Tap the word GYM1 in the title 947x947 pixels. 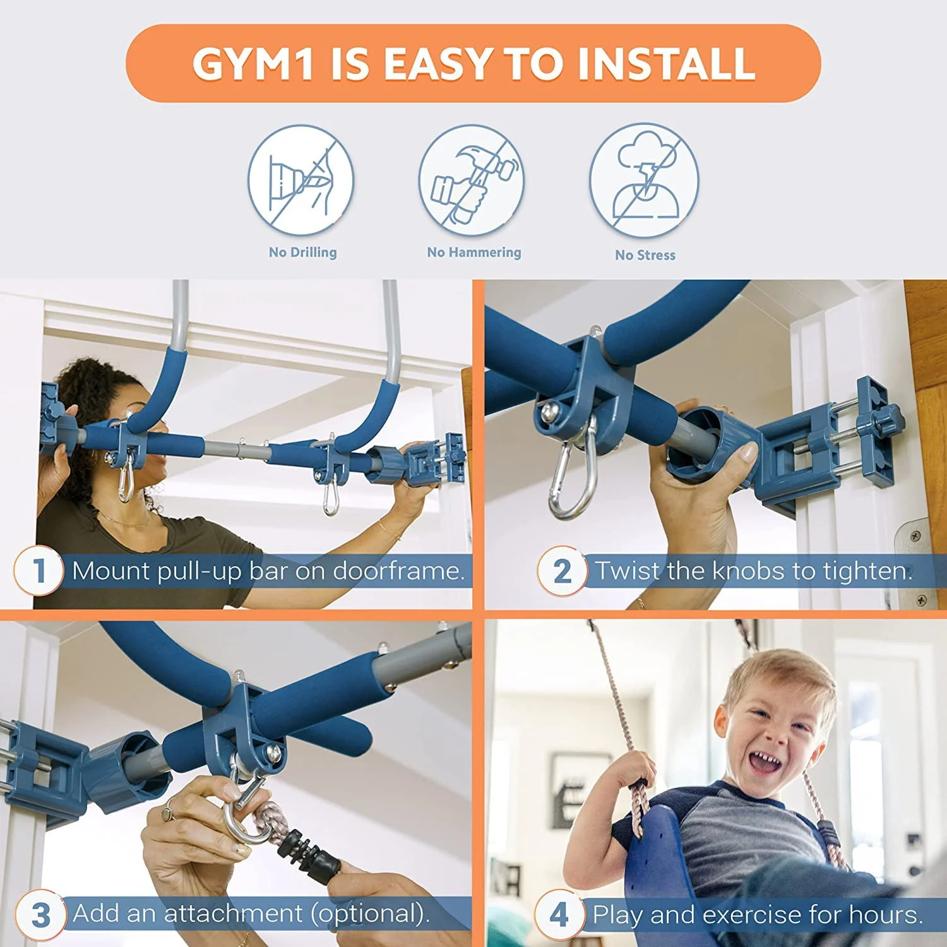tap(253, 64)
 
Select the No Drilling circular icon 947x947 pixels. tap(301, 181)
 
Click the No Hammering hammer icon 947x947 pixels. tap(472, 181)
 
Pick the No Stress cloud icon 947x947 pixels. tap(644, 181)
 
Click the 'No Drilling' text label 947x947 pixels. tap(302, 253)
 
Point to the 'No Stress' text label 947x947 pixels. tap(645, 255)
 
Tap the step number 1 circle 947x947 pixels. tap(39, 571)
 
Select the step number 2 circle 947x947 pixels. tap(561, 571)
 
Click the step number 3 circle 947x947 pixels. tap(40, 914)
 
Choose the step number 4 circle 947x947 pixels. tap(559, 914)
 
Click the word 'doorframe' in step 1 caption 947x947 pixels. tap(398, 571)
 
